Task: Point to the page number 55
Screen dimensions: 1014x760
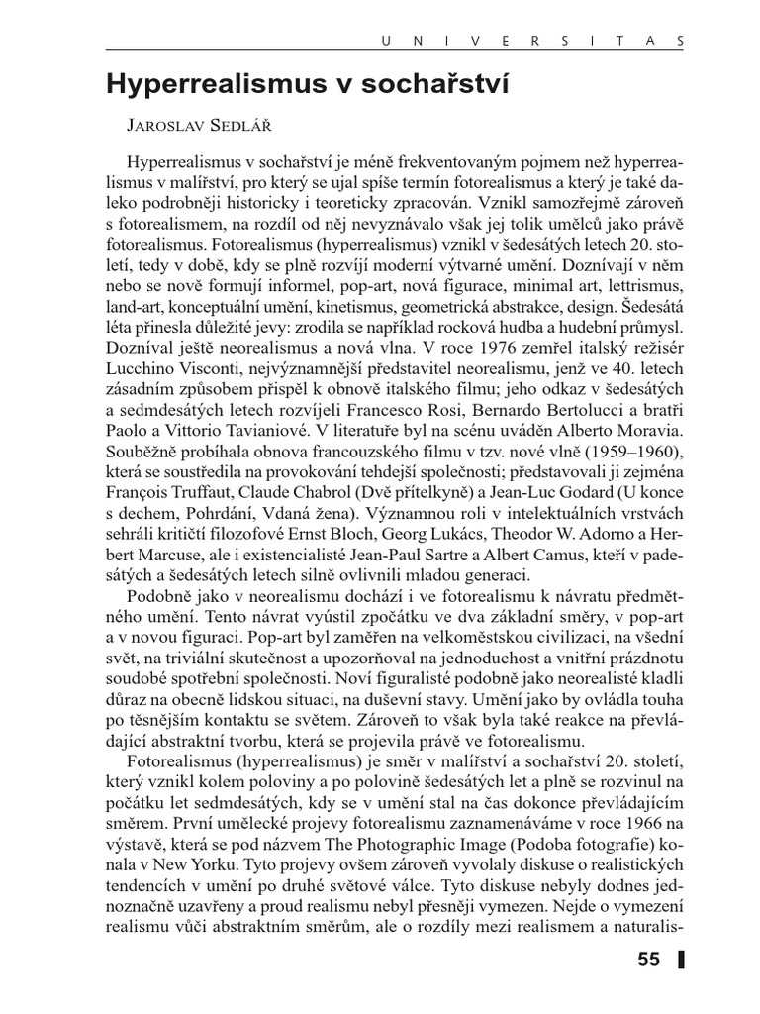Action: tap(648, 959)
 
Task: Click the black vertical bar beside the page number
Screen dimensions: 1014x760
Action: tap(682, 959)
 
